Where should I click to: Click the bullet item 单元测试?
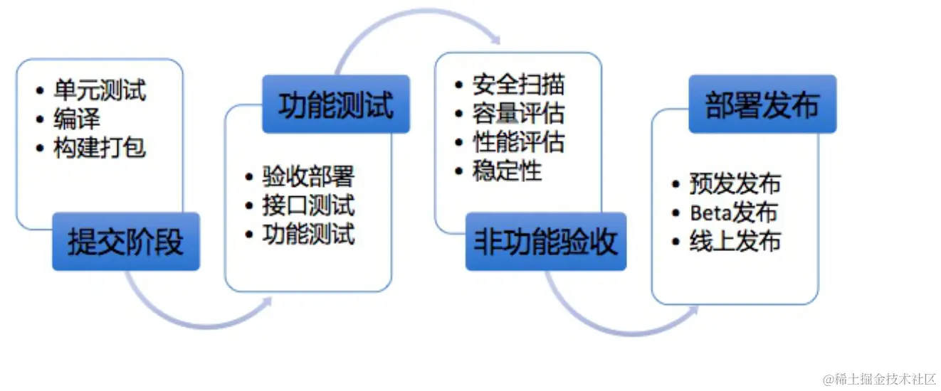(100, 90)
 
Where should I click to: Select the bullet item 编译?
(77, 119)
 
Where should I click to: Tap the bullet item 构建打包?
(100, 148)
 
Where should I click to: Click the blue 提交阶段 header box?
(126, 242)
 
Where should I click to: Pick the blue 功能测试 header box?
(335, 105)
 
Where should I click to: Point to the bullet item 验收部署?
(307, 176)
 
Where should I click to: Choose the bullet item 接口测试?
(307, 205)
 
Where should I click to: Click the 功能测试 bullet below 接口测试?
(307, 234)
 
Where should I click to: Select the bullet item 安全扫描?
(518, 85)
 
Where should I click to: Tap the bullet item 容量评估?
(518, 113)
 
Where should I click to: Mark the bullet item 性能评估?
(518, 142)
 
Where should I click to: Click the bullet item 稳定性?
(507, 171)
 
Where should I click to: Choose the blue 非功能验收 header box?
(546, 242)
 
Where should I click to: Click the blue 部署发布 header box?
(762, 105)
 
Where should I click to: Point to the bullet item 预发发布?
(735, 183)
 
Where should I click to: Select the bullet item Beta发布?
(733, 212)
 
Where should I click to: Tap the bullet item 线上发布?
(735, 241)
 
